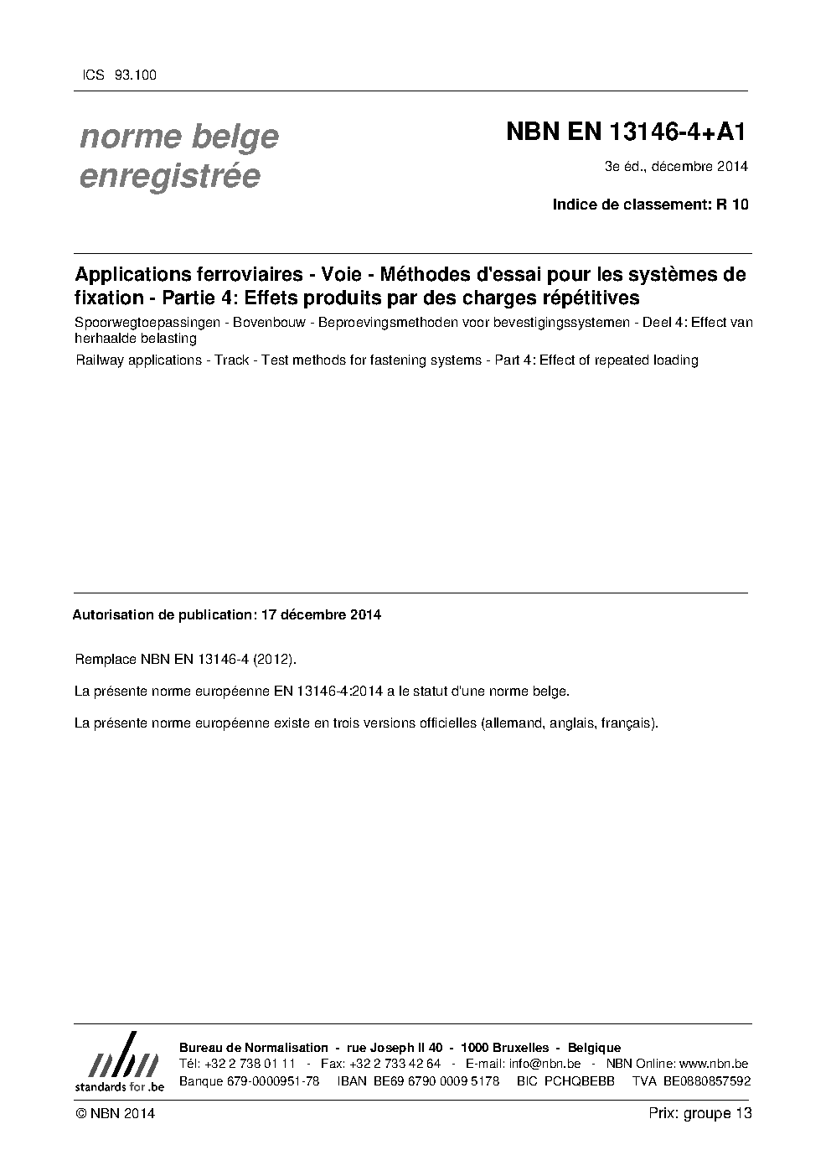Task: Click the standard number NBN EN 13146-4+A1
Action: (x=626, y=132)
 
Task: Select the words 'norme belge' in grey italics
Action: (x=179, y=137)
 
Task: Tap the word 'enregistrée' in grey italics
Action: (x=170, y=177)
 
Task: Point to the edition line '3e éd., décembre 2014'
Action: (x=676, y=166)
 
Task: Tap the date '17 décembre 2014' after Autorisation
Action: (x=322, y=614)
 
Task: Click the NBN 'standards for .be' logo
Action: (x=120, y=1061)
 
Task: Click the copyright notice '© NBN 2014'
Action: (x=115, y=1113)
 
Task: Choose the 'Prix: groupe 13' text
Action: (x=700, y=1113)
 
